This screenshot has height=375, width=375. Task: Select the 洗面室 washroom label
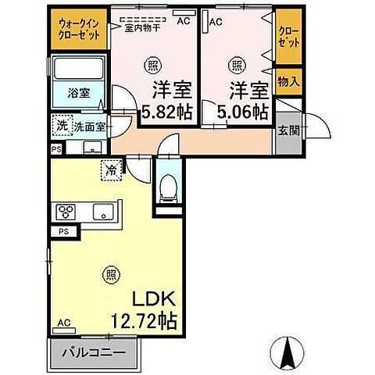tap(91, 125)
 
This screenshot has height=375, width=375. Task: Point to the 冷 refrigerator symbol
tap(111, 166)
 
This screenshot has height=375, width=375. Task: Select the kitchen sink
tap(102, 211)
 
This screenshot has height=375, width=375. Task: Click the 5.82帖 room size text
tap(166, 112)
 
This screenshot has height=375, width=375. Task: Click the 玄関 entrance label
tap(287, 130)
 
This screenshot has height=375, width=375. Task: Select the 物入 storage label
tap(287, 81)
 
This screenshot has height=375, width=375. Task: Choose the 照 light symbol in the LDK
tap(111, 274)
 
